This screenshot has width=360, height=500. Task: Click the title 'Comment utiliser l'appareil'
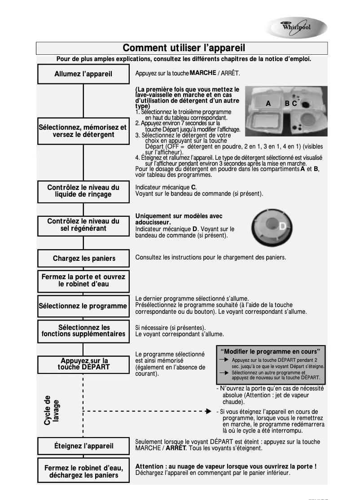(x=184, y=48)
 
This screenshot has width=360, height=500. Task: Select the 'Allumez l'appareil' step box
(x=83, y=74)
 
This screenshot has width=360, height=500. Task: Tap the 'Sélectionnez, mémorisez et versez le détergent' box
(x=83, y=131)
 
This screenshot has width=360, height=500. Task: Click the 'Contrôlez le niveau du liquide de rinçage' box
(x=83, y=191)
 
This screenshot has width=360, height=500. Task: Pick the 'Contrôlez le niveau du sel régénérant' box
(x=83, y=225)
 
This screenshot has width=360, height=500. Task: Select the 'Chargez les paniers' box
(x=83, y=259)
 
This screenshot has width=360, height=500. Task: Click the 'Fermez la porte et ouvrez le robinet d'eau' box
(x=83, y=281)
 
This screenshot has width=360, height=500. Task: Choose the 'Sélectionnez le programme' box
(x=83, y=306)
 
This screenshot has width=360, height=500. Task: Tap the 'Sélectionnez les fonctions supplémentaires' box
(x=83, y=331)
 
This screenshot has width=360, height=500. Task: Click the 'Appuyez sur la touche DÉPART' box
(x=83, y=364)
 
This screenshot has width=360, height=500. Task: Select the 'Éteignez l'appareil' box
(x=83, y=446)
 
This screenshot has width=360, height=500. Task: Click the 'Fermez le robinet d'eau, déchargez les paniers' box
(x=83, y=471)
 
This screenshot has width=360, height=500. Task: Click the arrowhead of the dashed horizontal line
(x=208, y=411)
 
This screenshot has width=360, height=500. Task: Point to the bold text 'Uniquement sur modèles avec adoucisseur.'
(x=179, y=219)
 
